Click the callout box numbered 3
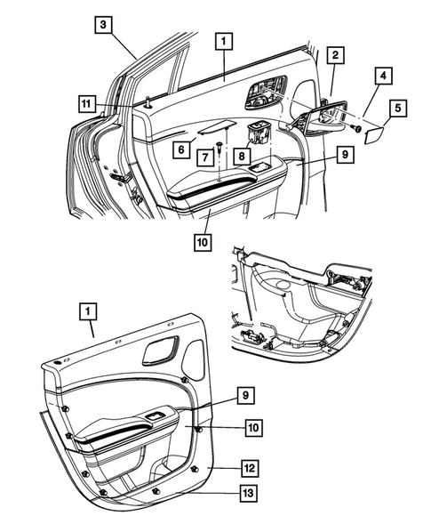[x=105, y=25]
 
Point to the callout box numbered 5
[x=397, y=109]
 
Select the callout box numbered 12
[x=251, y=467]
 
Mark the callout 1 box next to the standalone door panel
[x=86, y=312]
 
